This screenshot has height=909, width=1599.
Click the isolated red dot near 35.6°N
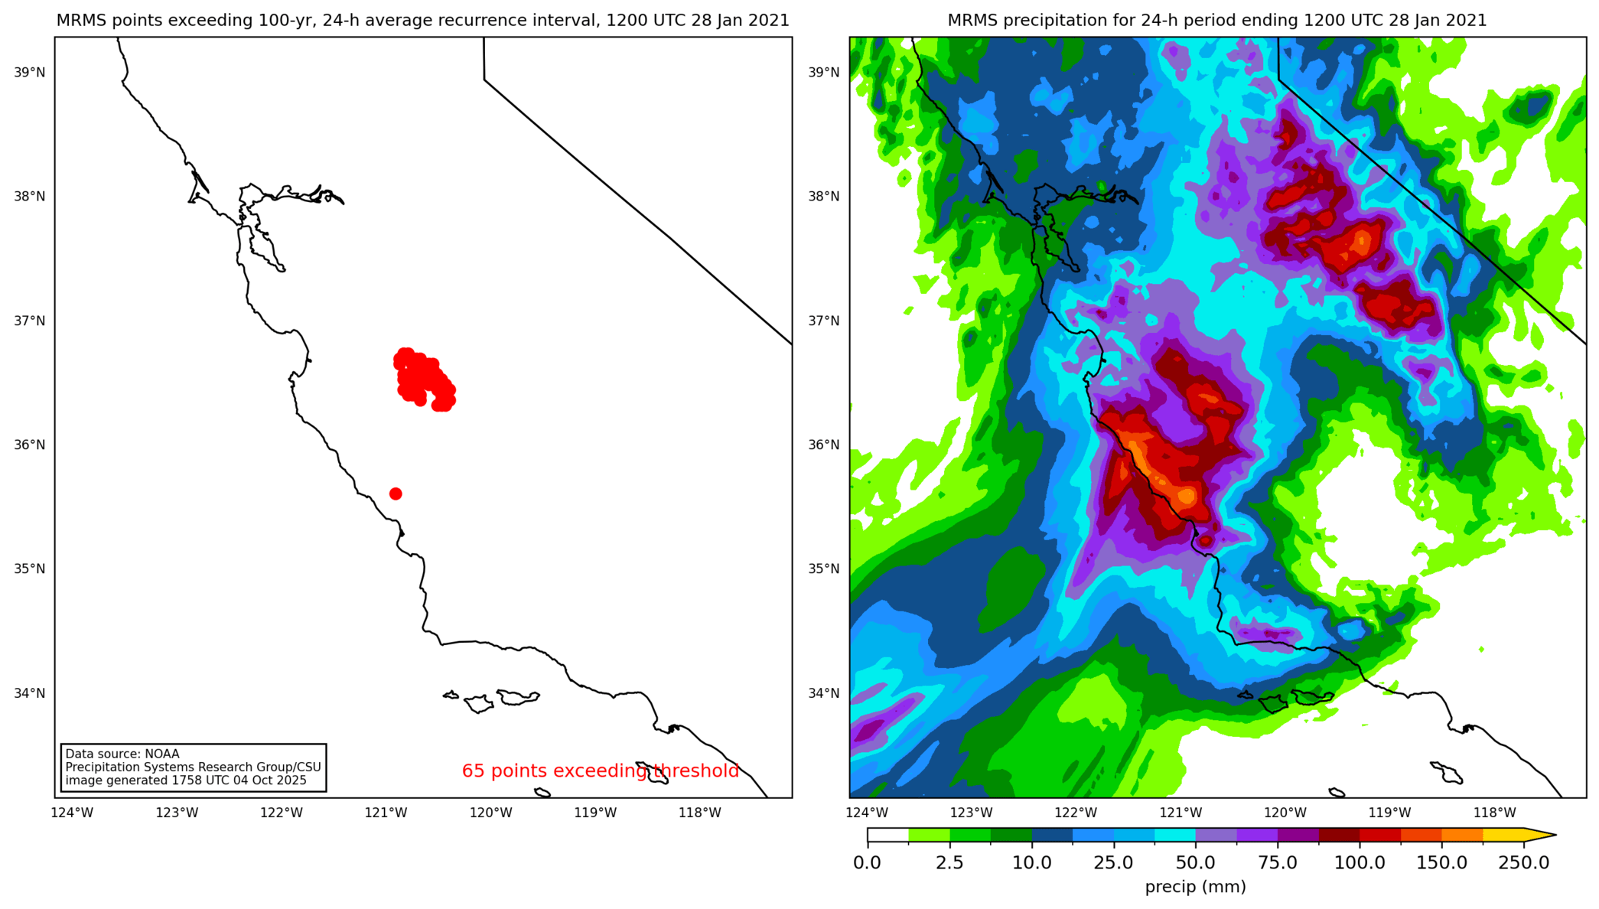click(396, 494)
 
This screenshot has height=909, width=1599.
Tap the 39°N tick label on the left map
click(29, 73)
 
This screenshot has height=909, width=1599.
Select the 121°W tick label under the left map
click(386, 813)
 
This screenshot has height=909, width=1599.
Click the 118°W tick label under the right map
click(1494, 813)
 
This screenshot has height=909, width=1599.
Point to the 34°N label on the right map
click(824, 693)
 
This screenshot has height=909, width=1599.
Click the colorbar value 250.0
click(1523, 863)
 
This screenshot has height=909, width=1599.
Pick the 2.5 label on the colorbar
click(949, 863)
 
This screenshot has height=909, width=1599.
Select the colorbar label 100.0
click(1360, 863)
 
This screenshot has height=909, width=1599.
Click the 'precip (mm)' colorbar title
click(1195, 887)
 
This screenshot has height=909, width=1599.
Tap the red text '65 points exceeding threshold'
click(601, 771)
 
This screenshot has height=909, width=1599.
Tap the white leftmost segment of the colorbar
click(887, 836)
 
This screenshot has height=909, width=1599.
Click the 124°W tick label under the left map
click(72, 813)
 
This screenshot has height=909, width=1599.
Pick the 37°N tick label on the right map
click(824, 321)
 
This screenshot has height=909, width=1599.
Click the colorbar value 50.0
click(1195, 863)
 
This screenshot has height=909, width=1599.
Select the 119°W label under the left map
click(595, 813)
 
